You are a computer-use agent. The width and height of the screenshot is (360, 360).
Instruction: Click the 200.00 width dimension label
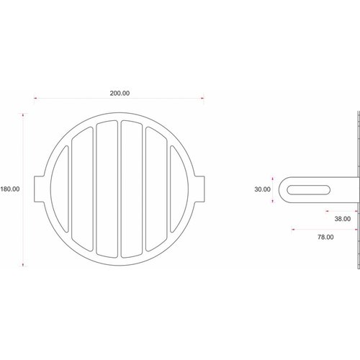[120, 93]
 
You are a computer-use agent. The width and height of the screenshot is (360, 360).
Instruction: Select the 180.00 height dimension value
[10, 189]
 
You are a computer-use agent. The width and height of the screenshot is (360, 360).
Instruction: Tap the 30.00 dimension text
[262, 189]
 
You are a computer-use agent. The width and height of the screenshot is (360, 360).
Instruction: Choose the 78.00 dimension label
[323, 235]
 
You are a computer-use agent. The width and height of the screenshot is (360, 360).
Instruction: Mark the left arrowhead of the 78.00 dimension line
[293, 229]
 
